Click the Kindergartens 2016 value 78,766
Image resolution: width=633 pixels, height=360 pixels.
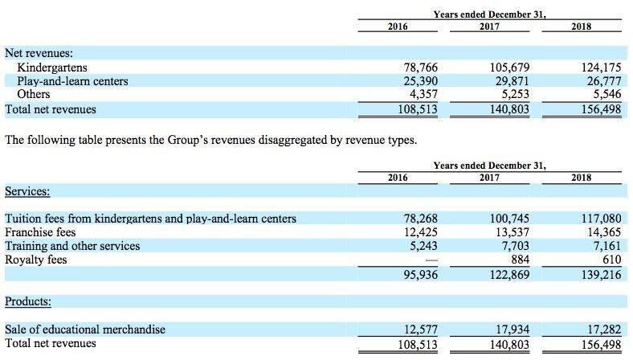click(421, 67)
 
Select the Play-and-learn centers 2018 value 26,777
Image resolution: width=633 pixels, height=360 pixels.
click(604, 81)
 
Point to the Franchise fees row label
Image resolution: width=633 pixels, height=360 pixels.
click(40, 232)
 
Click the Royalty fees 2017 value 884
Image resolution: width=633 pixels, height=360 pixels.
click(520, 260)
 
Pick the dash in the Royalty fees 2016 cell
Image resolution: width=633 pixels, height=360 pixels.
click(431, 260)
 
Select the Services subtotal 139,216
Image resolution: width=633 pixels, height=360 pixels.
click(601, 275)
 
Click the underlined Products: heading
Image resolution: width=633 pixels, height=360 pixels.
click(28, 301)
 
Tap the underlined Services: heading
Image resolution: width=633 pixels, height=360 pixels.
click(27, 191)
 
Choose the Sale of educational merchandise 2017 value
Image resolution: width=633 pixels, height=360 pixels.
click(513, 329)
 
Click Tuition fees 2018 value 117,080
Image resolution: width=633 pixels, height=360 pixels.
click(601, 219)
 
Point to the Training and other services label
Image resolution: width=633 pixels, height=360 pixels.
click(72, 246)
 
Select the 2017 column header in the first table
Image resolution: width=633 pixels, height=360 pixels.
click(489, 27)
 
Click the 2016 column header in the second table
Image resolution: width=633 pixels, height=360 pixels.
click(398, 178)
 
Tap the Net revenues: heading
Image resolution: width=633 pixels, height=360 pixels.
click(39, 53)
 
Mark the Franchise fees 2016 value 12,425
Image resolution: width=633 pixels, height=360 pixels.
click(421, 232)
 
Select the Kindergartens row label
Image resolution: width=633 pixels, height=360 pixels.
click(52, 67)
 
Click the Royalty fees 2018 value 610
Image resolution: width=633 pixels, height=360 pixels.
click(611, 260)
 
